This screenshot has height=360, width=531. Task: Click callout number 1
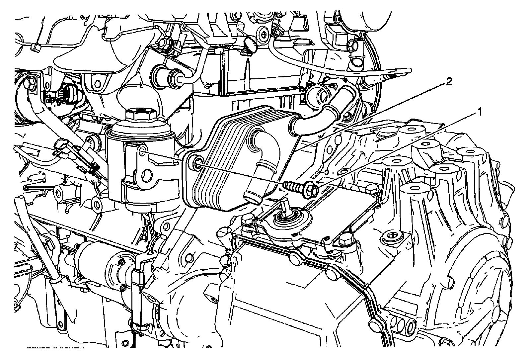pos(479,112)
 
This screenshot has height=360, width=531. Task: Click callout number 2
pos(448,82)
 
